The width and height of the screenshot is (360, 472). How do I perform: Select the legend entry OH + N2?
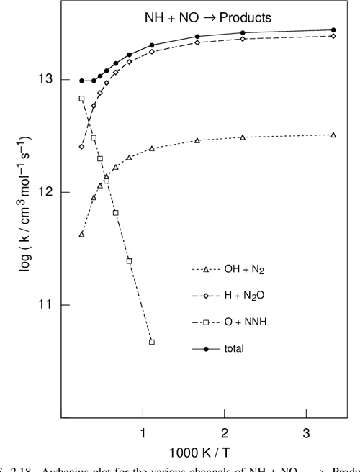[x=241, y=271]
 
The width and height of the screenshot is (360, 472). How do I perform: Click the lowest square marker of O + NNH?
[x=152, y=342]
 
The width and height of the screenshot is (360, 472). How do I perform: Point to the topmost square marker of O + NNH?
[x=81, y=99]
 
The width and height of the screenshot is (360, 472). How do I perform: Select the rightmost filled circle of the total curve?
[x=333, y=30]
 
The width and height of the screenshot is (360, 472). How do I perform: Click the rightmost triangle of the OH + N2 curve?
[x=333, y=135]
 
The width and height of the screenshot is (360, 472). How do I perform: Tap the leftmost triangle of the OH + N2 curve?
[x=81, y=234]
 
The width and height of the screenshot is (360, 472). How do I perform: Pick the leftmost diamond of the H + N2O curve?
[x=81, y=147]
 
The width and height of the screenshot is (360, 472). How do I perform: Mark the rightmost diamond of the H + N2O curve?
[x=333, y=36]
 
